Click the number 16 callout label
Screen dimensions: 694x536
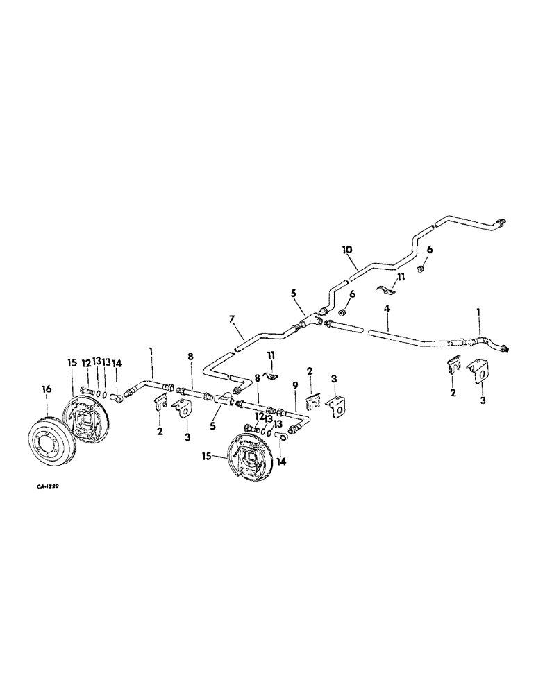click(x=46, y=391)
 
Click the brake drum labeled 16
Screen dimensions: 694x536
click(x=51, y=433)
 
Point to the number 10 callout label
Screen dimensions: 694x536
click(x=347, y=248)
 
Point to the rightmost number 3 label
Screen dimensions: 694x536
click(x=482, y=400)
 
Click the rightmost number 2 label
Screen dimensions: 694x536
click(x=452, y=393)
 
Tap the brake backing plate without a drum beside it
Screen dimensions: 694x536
click(x=249, y=455)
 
